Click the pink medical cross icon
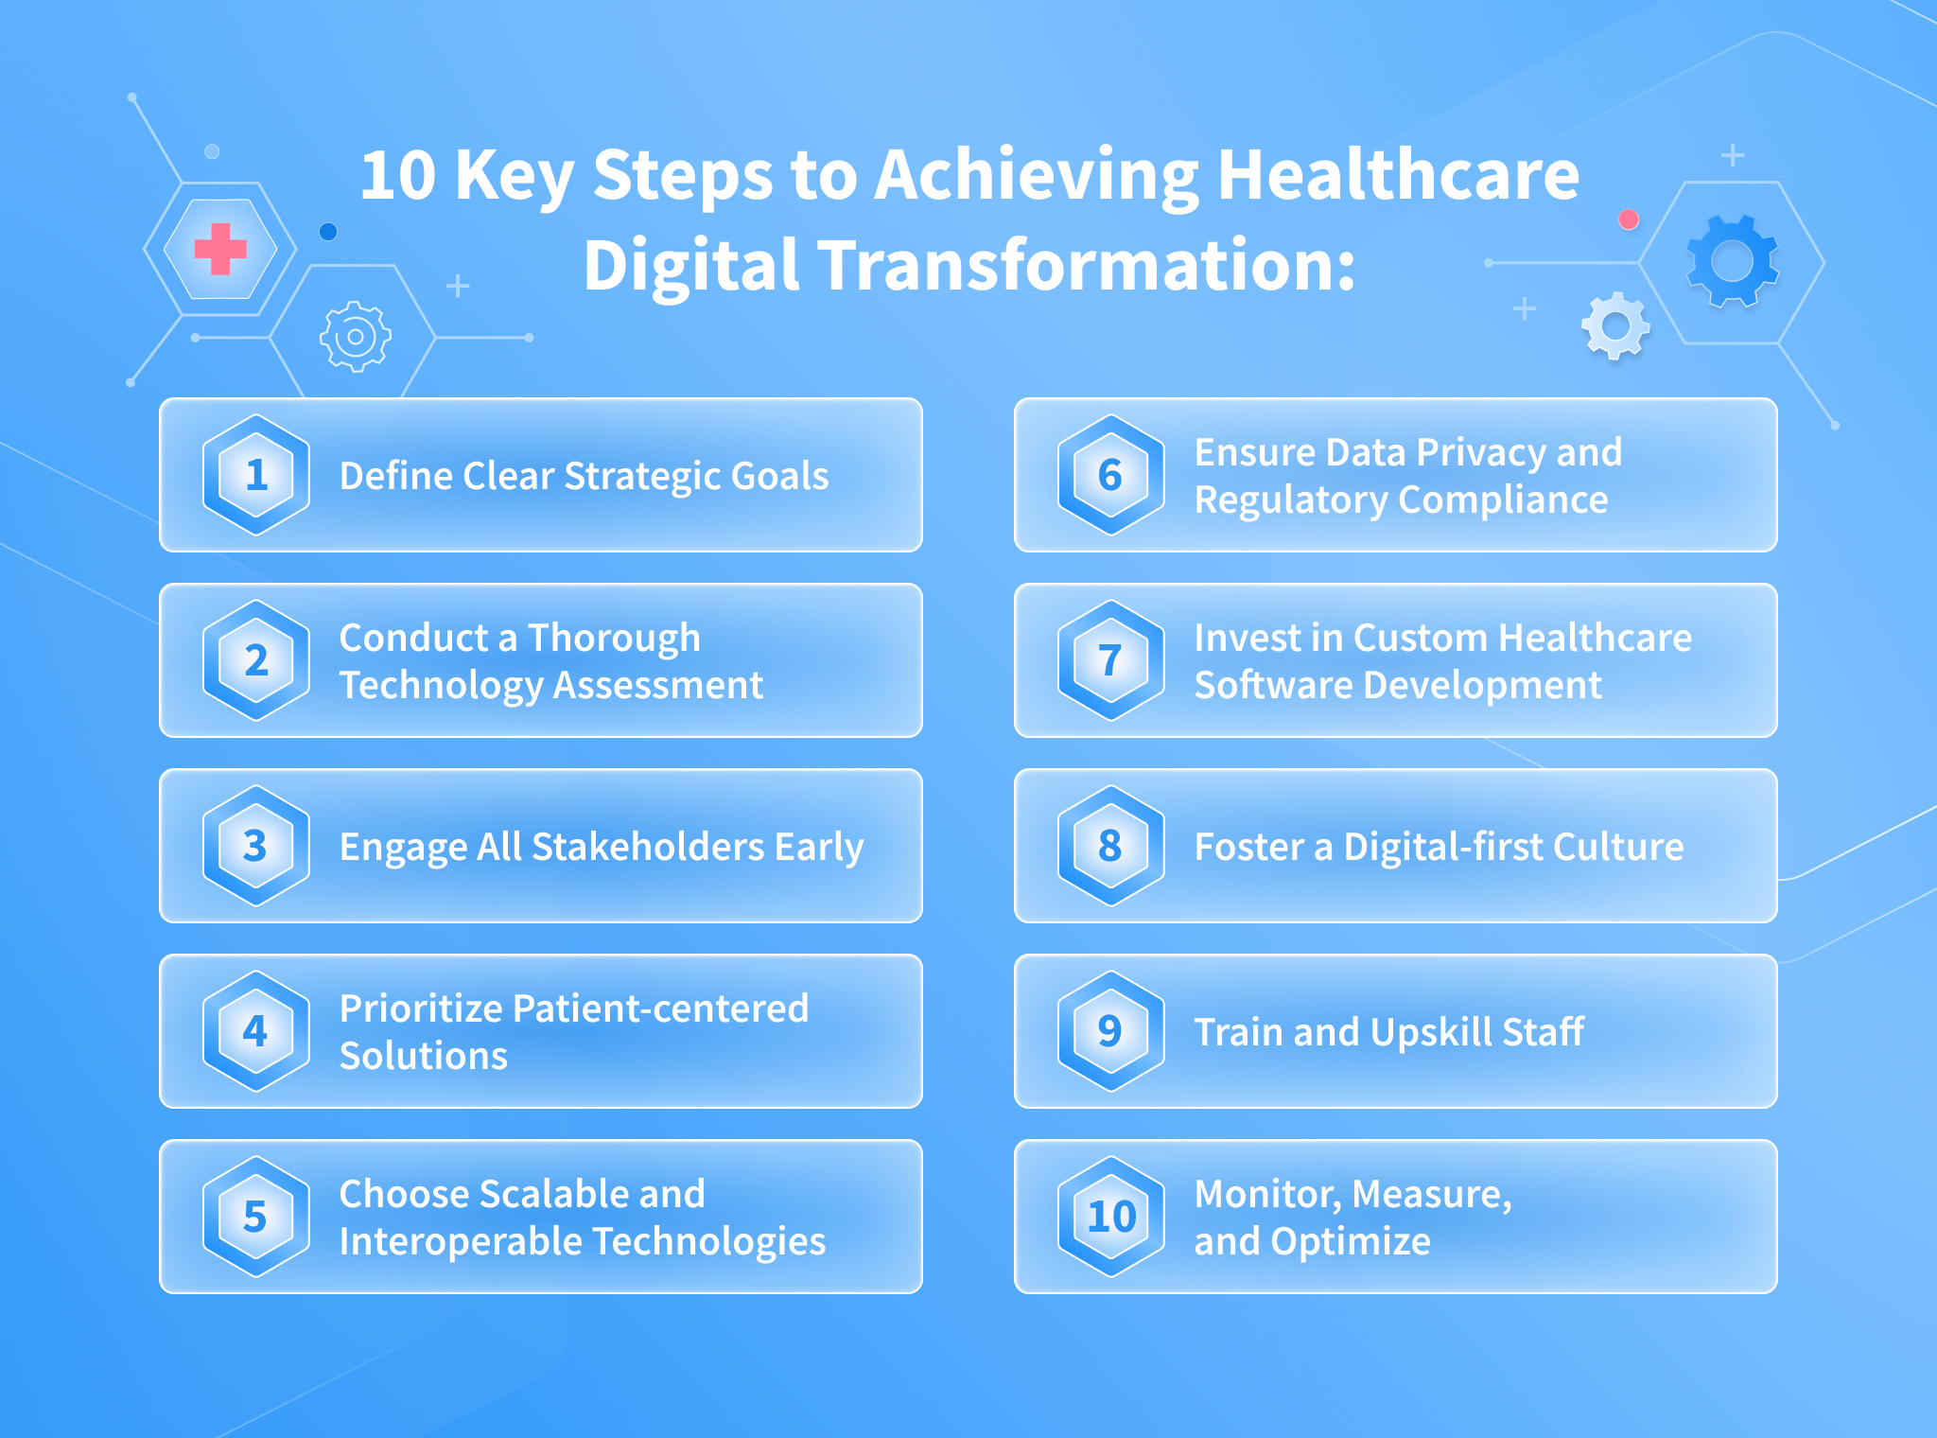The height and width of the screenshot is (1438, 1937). coord(220,249)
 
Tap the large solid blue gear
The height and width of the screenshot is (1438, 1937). coord(1733,261)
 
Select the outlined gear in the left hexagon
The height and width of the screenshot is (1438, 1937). coord(356,336)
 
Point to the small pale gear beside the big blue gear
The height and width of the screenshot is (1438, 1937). coord(1615,326)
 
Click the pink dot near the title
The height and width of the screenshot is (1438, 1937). coord(1629,219)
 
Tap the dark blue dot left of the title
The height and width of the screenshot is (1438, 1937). coord(328,232)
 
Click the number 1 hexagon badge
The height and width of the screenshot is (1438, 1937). coord(256,475)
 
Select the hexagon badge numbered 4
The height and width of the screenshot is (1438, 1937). coord(256,1031)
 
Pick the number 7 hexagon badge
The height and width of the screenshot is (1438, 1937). coord(1111,660)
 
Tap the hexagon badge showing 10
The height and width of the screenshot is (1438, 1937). coord(1111,1217)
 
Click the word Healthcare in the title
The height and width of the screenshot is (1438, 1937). coord(1398,175)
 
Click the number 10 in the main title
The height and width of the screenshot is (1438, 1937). coord(398,176)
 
